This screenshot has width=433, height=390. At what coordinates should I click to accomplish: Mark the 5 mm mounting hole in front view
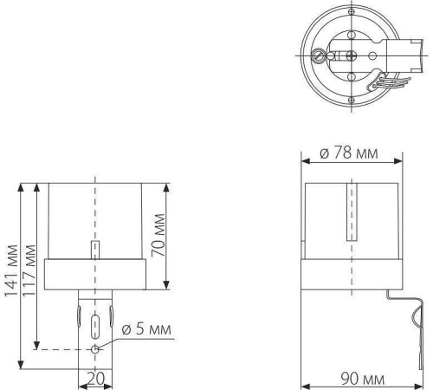95,349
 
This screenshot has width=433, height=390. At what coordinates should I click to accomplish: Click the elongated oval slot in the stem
95,327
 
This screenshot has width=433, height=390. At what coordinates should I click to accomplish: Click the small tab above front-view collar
95,249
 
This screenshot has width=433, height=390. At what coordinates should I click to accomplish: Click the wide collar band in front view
95,273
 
